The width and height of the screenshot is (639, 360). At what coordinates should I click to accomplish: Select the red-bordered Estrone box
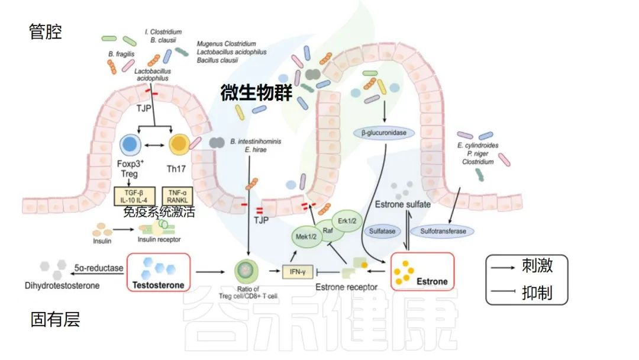(422, 272)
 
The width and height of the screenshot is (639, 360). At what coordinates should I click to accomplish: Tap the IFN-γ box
(297, 272)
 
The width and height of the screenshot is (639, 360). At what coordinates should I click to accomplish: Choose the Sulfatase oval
(382, 231)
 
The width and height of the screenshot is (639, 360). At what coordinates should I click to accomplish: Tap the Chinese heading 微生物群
(256, 94)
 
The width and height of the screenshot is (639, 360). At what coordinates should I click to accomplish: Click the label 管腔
(46, 31)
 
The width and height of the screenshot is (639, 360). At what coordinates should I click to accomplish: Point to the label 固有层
(54, 320)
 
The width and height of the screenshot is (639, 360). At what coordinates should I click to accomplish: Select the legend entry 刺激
(537, 266)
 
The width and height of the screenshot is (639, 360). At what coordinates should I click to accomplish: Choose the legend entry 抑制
(537, 292)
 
